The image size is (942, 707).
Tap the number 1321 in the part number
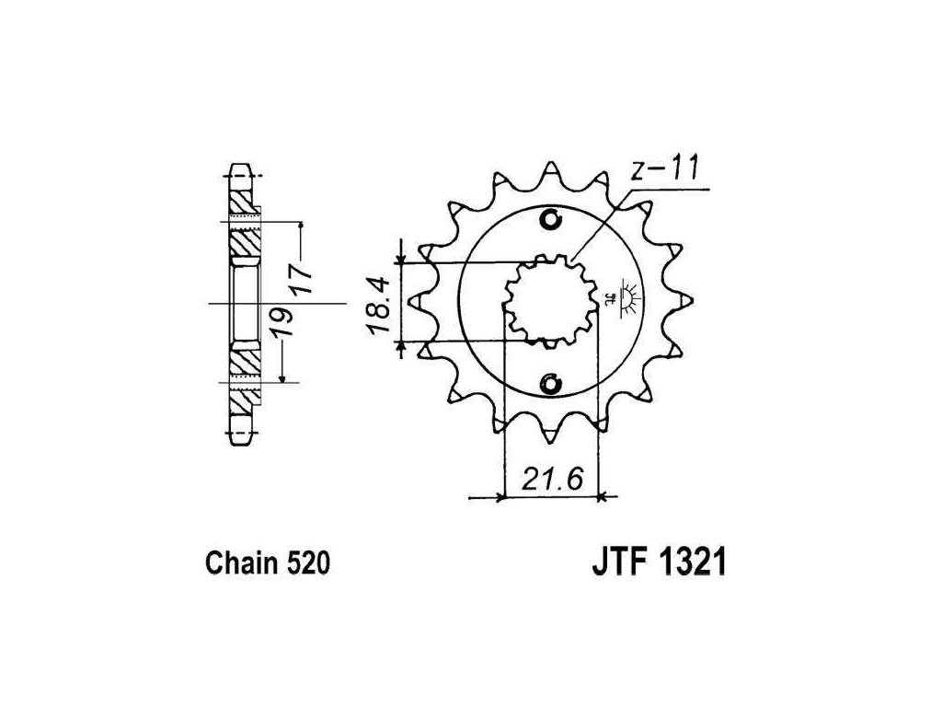point(687,562)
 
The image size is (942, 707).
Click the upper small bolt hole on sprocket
point(551,220)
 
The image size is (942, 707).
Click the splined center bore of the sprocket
point(550,301)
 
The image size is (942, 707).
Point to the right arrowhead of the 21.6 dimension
point(603,498)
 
